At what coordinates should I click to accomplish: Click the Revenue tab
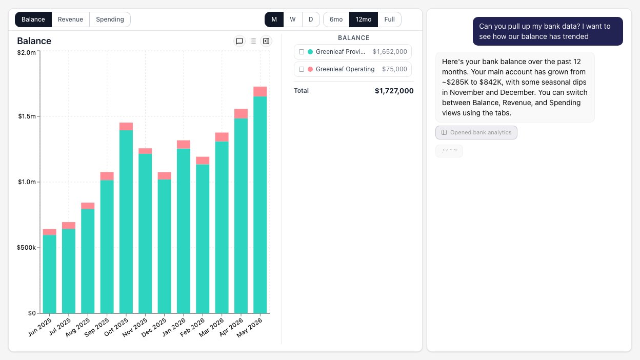pyautogui.click(x=70, y=19)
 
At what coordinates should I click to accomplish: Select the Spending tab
pyautogui.click(x=110, y=19)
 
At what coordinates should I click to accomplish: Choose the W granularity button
pyautogui.click(x=293, y=19)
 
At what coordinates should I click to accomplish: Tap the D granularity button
pyautogui.click(x=311, y=19)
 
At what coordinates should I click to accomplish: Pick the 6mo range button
pyautogui.click(x=336, y=19)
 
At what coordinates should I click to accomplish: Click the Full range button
pyautogui.click(x=389, y=19)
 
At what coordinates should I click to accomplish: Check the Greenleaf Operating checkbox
pyautogui.click(x=302, y=69)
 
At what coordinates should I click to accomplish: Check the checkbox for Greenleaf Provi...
pyautogui.click(x=302, y=52)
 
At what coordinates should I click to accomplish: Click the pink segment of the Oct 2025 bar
pyautogui.click(x=126, y=126)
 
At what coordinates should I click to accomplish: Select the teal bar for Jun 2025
pyautogui.click(x=49, y=274)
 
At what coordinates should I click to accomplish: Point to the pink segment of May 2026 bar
pyautogui.click(x=260, y=91)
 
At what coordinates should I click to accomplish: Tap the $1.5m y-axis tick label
pyautogui.click(x=27, y=116)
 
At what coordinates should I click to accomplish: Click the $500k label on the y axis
pyautogui.click(x=26, y=247)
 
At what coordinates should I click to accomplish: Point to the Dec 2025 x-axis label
pyautogui.click(x=154, y=327)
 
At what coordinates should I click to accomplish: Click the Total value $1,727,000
pyautogui.click(x=394, y=91)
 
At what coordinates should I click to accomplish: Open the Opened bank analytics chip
pyautogui.click(x=476, y=133)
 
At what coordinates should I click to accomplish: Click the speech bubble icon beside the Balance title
pyautogui.click(x=239, y=41)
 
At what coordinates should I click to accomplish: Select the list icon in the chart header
pyautogui.click(x=253, y=41)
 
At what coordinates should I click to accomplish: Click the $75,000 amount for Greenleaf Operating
pyautogui.click(x=394, y=69)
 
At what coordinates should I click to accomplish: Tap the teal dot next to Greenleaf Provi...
pyautogui.click(x=310, y=52)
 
